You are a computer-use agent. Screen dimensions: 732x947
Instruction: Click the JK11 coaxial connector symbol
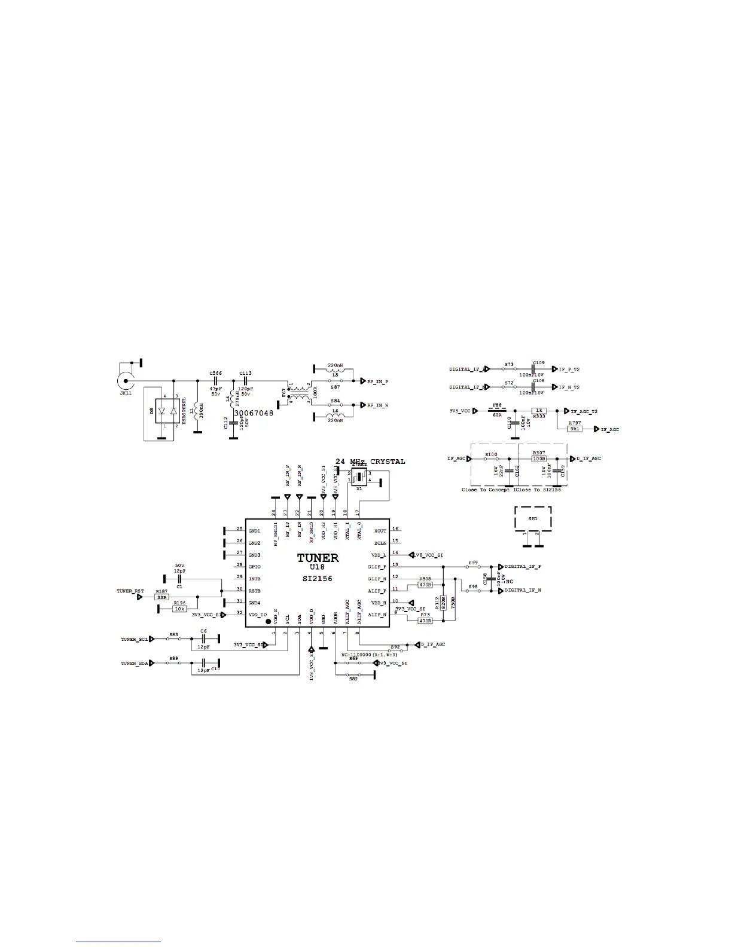[x=126, y=380]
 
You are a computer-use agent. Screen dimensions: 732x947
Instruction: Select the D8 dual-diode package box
[x=167, y=412]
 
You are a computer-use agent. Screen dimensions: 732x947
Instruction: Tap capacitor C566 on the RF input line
[x=215, y=380]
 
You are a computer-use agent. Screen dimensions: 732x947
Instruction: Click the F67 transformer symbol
[x=297, y=392]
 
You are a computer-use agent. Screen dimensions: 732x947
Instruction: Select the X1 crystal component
[x=359, y=477]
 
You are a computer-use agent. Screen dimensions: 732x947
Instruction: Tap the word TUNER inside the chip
[x=318, y=558]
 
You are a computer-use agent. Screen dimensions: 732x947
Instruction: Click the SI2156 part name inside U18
[x=318, y=579]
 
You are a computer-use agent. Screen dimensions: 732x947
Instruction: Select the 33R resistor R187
[x=161, y=597]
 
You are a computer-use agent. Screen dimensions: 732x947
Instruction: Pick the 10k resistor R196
[x=179, y=609]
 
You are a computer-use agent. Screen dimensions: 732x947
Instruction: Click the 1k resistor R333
[x=539, y=411]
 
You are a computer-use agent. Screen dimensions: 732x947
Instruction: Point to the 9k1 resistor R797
[x=574, y=429]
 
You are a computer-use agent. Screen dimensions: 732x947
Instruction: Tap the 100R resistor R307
[x=539, y=459]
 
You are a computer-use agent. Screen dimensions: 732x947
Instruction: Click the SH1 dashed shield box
[x=533, y=518]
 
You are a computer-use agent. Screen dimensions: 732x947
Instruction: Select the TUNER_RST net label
[x=130, y=591]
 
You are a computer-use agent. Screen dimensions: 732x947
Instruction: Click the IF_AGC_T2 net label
[x=584, y=411]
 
